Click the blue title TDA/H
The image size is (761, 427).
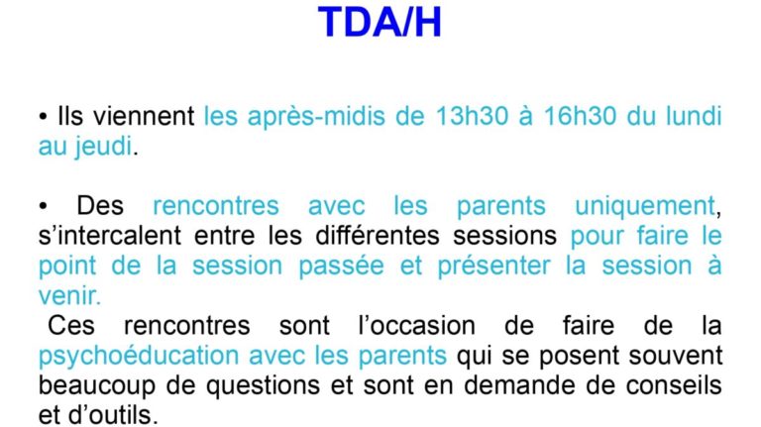[380, 22]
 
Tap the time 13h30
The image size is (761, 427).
[472, 117]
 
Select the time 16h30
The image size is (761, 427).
[580, 117]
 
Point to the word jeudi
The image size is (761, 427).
[103, 146]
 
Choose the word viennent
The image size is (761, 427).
[144, 117]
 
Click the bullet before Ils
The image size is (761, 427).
[44, 118]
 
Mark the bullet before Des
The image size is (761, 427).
[44, 207]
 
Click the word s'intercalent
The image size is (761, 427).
[110, 236]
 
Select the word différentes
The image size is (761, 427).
[378, 236]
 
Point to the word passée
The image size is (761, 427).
[341, 267]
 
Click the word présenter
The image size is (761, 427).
[494, 267]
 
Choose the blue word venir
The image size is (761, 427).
[68, 296]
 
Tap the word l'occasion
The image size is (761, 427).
[416, 326]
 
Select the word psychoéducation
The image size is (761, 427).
[139, 356]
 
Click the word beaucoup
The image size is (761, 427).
[96, 386]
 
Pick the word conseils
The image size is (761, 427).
[674, 385]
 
